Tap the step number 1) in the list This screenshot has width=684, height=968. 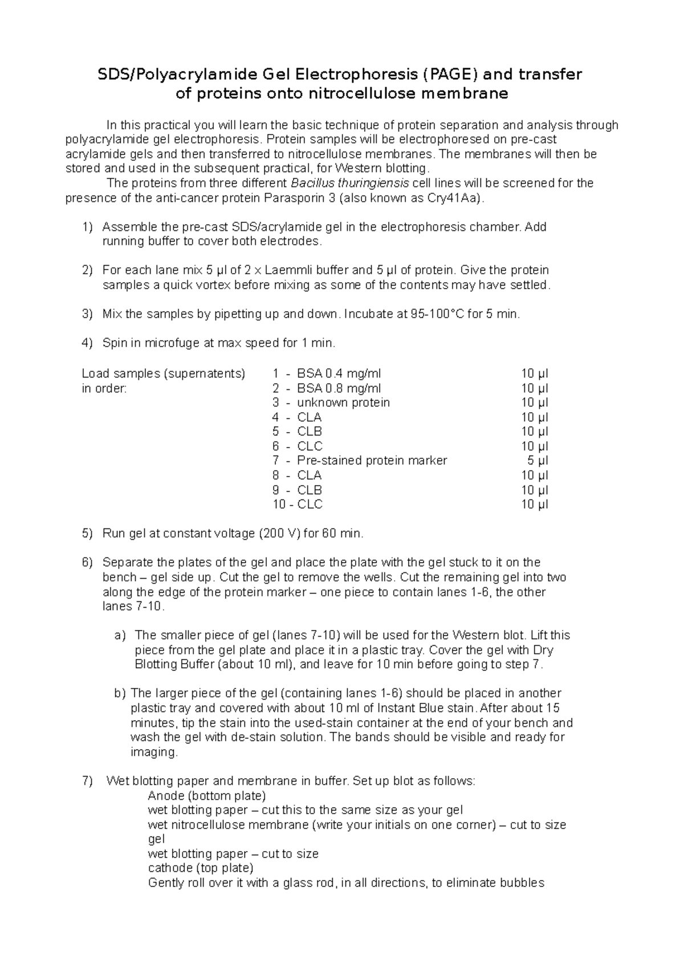(87, 227)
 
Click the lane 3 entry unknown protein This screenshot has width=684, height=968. (343, 402)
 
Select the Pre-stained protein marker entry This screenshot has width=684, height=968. (372, 461)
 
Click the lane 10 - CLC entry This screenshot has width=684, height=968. (298, 505)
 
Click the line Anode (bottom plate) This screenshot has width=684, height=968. (206, 795)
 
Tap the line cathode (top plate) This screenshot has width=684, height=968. (200, 868)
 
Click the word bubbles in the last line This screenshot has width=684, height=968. (522, 883)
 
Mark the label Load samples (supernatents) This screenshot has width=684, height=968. (164, 373)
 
